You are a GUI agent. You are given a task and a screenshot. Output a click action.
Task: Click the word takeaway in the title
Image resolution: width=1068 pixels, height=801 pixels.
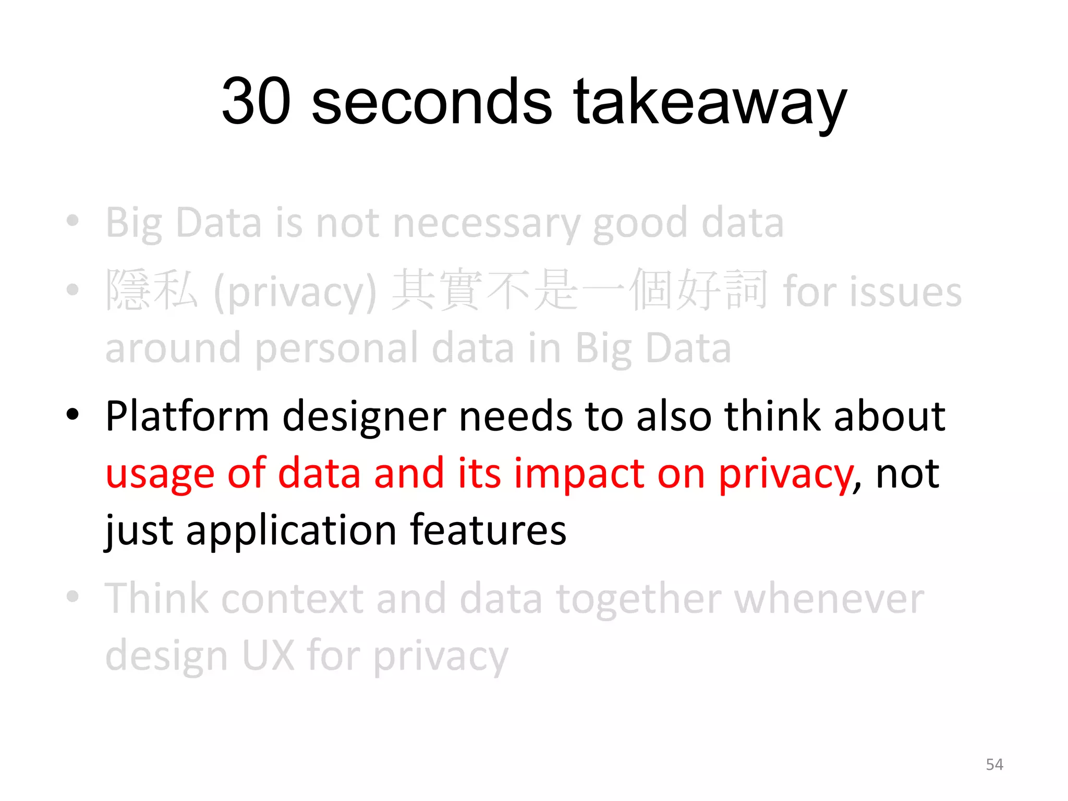pyautogui.click(x=710, y=102)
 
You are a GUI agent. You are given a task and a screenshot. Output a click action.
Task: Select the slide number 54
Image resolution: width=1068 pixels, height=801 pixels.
pyautogui.click(x=994, y=764)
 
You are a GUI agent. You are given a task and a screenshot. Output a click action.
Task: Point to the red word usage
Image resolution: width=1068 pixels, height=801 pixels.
pyautogui.click(x=160, y=474)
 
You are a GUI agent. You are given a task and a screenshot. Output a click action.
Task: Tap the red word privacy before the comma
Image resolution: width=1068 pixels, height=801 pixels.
pyautogui.click(x=785, y=474)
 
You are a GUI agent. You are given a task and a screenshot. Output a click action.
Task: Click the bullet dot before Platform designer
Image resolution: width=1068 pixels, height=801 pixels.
pyautogui.click(x=73, y=415)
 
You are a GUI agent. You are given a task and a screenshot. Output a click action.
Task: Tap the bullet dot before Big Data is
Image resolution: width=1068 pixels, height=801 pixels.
pyautogui.click(x=73, y=221)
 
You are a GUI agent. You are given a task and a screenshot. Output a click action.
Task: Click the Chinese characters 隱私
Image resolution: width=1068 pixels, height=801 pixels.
pyautogui.click(x=152, y=290)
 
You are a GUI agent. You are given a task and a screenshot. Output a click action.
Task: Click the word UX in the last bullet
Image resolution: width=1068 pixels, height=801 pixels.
pyautogui.click(x=268, y=656)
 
